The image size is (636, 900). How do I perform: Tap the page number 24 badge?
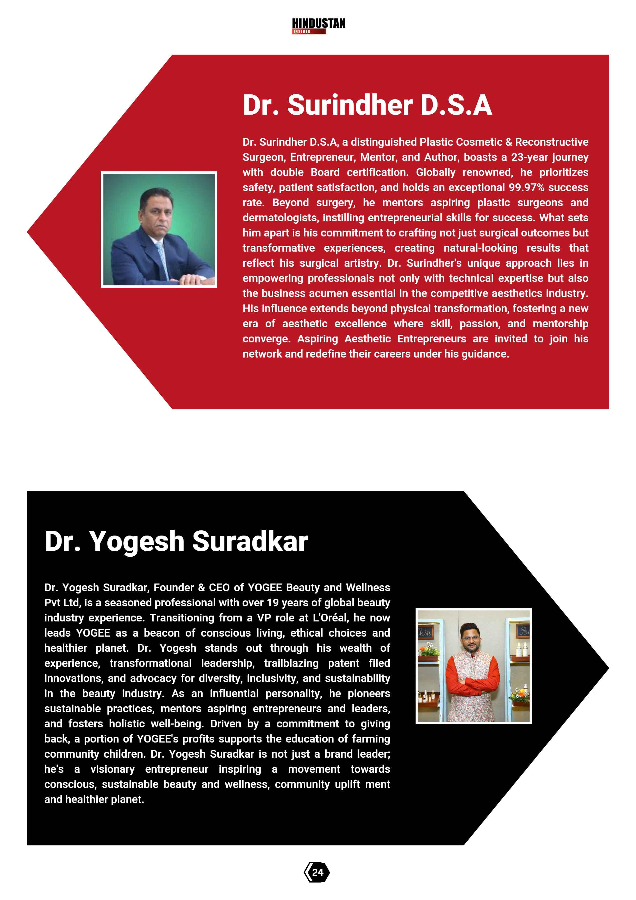317,872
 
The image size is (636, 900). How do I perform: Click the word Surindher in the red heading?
350,105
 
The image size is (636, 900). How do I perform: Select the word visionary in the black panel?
113,769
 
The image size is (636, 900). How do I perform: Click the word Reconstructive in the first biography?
551,142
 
